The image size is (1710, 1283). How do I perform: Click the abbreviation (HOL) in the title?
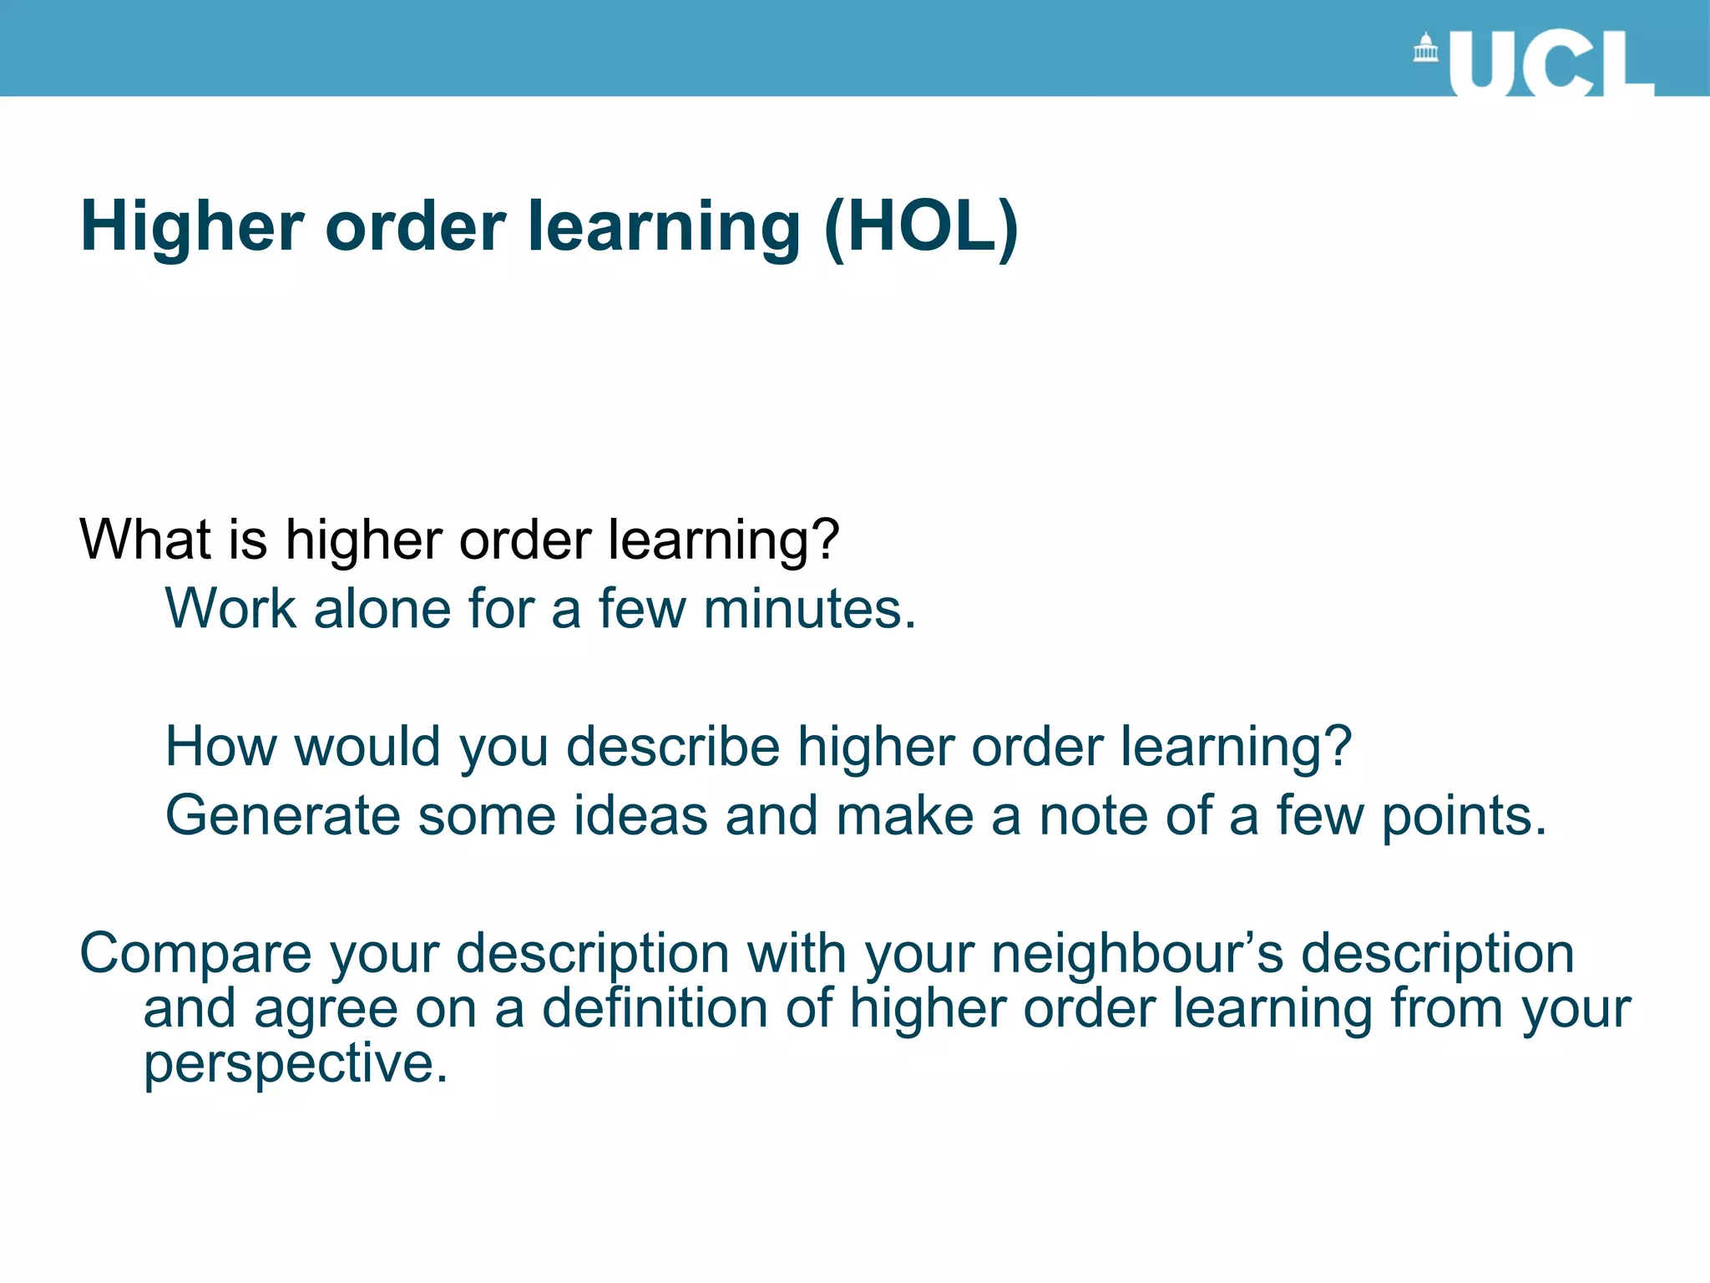pyautogui.click(x=921, y=227)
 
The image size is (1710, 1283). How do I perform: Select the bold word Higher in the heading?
pyautogui.click(x=193, y=227)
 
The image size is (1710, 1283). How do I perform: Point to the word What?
pyautogui.click(x=144, y=540)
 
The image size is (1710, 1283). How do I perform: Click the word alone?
pyautogui.click(x=382, y=608)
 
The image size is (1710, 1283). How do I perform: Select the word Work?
pyautogui.click(x=230, y=608)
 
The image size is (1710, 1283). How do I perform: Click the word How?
pyautogui.click(x=220, y=746)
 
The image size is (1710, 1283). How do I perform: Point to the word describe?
pyautogui.click(x=673, y=746)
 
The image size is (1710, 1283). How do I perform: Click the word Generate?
pyautogui.click(x=283, y=815)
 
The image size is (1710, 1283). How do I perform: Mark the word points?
pyautogui.click(x=1464, y=817)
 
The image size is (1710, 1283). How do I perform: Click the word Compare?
pyautogui.click(x=195, y=954)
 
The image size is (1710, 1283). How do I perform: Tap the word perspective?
pyautogui.click(x=296, y=1064)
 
